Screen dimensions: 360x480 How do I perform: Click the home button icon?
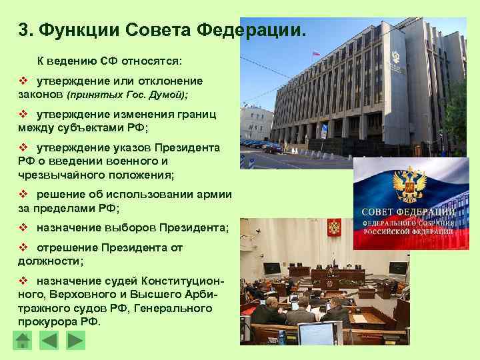pos(23,341)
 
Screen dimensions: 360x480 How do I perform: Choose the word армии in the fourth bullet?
pos(213,194)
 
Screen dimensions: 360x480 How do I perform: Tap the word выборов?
pos(131,227)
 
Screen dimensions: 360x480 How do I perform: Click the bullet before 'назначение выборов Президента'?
pos(23,227)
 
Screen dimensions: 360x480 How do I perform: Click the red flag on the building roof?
pos(316,52)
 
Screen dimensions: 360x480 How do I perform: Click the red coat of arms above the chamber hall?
pos(334,229)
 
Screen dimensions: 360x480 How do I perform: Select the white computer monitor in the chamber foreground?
pos(319,333)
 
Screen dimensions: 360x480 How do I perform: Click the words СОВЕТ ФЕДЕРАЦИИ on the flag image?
pos(409,213)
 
